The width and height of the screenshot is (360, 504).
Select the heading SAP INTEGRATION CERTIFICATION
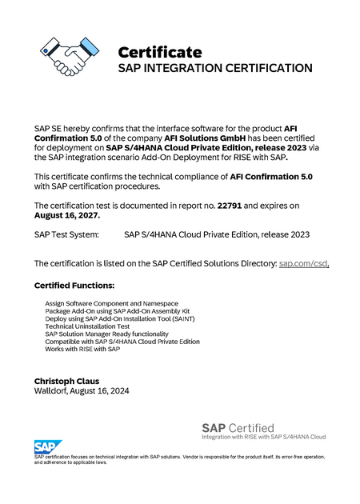(215, 69)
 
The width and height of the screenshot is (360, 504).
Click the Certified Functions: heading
(74, 286)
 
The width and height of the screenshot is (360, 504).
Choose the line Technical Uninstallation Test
(87, 326)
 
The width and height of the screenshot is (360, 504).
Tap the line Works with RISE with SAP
(82, 349)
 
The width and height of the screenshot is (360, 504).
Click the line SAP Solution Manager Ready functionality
(107, 334)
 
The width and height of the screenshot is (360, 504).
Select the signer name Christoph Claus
(66, 381)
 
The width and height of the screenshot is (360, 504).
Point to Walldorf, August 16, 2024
(82, 391)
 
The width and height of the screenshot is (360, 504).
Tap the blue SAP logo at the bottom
(44, 446)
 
